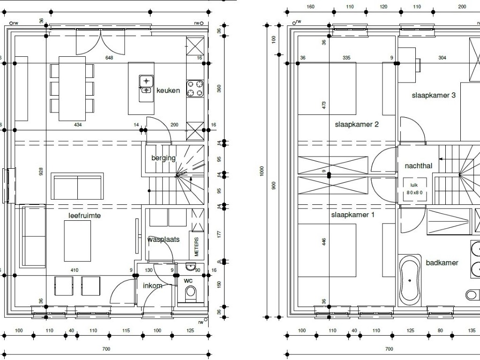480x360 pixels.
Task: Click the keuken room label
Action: click(168, 90)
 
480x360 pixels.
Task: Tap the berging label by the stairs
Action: click(164, 158)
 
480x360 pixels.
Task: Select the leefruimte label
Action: click(84, 216)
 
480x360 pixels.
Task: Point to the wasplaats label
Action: click(164, 240)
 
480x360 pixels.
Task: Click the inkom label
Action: click(152, 285)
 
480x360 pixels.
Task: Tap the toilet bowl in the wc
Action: click(191, 292)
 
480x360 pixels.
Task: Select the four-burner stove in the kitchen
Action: click(195, 89)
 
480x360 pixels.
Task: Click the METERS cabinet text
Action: click(196, 247)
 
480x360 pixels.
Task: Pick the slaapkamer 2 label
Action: click(357, 124)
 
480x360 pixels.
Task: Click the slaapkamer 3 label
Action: click(434, 95)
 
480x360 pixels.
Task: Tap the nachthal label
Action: click(419, 166)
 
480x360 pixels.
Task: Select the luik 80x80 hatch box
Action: click(414, 189)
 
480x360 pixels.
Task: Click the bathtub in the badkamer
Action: click(410, 280)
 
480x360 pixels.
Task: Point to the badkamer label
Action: click(442, 262)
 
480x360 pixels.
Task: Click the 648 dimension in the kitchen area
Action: click(109, 58)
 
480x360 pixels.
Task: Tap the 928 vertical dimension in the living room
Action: click(41, 172)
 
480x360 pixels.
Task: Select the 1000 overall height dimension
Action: click(262, 172)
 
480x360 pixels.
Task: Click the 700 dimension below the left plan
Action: click(106, 349)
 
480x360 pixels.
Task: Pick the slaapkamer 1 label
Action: click(352, 215)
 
